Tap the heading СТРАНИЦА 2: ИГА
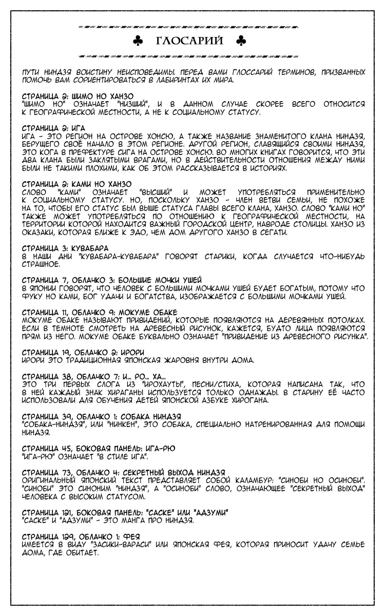(54, 127)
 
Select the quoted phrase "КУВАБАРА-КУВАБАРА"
(117, 255)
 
